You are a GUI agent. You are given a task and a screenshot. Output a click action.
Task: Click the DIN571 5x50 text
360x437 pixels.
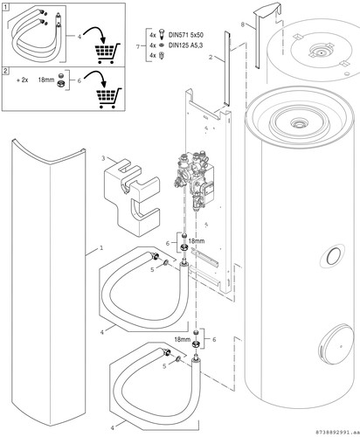[186, 35]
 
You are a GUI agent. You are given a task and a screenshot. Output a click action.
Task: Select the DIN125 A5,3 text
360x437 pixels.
[186, 45]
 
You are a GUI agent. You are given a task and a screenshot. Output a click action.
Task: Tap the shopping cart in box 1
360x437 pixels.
[107, 52]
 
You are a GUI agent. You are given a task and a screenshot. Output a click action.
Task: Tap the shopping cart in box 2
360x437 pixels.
[109, 98]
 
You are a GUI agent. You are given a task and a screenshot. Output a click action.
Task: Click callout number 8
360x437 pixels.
[243, 25]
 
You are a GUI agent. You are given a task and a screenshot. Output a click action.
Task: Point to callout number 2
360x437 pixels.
[211, 58]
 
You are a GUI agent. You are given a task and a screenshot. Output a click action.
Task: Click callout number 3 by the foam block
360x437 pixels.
[103, 158]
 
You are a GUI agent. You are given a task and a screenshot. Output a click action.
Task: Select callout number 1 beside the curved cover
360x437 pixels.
[101, 248]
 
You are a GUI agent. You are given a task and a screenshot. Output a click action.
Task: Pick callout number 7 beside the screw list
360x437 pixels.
[138, 46]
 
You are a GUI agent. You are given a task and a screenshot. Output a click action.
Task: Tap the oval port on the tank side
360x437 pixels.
[332, 256]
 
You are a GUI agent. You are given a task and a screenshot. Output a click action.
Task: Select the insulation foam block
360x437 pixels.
[132, 197]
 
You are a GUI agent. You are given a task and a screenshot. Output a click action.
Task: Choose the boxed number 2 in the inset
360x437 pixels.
[5, 71]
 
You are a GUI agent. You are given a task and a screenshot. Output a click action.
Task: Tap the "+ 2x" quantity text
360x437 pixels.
[23, 80]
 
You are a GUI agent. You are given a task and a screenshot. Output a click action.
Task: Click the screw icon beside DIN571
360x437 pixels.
[162, 35]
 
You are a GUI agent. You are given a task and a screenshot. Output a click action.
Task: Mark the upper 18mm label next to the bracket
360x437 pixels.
[197, 241]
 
